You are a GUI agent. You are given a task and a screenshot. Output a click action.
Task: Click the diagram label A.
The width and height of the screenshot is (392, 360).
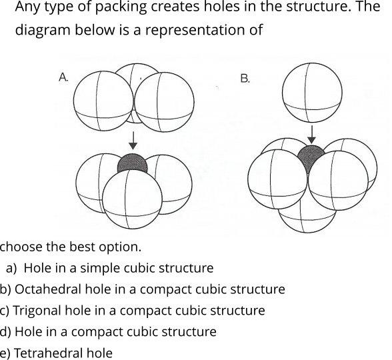click(x=64, y=78)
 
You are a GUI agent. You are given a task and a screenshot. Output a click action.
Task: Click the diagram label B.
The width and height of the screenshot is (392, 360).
click(x=245, y=78)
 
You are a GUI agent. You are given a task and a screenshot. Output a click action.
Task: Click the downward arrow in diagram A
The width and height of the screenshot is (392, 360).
click(x=133, y=140)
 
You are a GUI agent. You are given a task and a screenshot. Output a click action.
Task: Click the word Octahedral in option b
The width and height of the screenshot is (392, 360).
click(x=43, y=289)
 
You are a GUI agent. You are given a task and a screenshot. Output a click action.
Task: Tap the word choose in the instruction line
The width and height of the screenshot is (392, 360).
click(x=21, y=247)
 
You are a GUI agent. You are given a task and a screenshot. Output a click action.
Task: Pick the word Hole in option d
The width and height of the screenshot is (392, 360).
click(x=29, y=332)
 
